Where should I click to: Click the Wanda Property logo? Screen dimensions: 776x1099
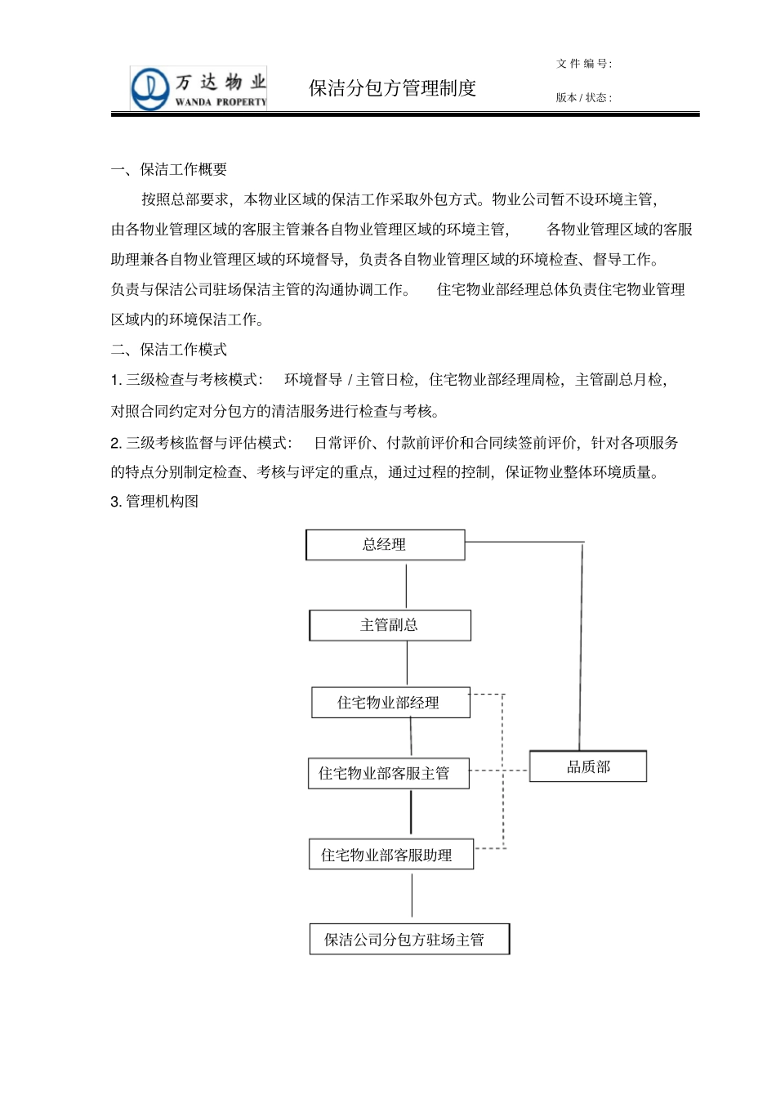[198, 89]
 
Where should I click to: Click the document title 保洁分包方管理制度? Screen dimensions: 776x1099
[392, 88]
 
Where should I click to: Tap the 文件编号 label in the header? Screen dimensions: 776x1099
[583, 64]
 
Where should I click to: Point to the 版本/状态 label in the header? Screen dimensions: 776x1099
[583, 97]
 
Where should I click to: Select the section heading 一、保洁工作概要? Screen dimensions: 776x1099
[169, 169]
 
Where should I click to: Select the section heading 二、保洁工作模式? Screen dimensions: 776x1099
[169, 350]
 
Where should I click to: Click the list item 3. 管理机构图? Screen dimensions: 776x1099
[154, 501]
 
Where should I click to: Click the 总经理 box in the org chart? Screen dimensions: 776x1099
[385, 545]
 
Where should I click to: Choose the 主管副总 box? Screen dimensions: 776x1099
[390, 625]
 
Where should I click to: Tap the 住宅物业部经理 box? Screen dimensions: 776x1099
[390, 703]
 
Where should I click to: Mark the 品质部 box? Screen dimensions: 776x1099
[588, 766]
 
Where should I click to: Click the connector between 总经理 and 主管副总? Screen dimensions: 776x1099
[406, 585]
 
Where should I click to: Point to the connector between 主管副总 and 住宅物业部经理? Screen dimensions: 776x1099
[407, 663]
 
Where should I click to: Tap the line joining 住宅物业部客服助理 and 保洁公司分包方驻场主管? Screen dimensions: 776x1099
[412, 896]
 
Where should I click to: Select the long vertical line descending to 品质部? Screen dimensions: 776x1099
[581, 646]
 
